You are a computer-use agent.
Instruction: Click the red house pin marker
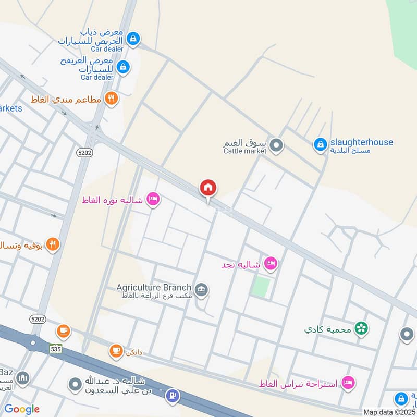[208, 189]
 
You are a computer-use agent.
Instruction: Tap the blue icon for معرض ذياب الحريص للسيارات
[134, 38]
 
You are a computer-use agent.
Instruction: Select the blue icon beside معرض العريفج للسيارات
[123, 67]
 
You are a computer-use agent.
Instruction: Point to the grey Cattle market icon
[277, 145]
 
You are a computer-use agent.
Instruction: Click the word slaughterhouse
[361, 142]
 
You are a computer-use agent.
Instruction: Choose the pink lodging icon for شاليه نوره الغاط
[153, 199]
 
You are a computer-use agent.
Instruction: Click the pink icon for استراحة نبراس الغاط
[348, 383]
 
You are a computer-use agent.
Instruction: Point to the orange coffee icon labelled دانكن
[116, 351]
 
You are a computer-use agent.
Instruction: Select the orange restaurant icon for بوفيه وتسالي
[52, 244]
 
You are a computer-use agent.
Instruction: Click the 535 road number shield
[56, 348]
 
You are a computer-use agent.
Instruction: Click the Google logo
[22, 409]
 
